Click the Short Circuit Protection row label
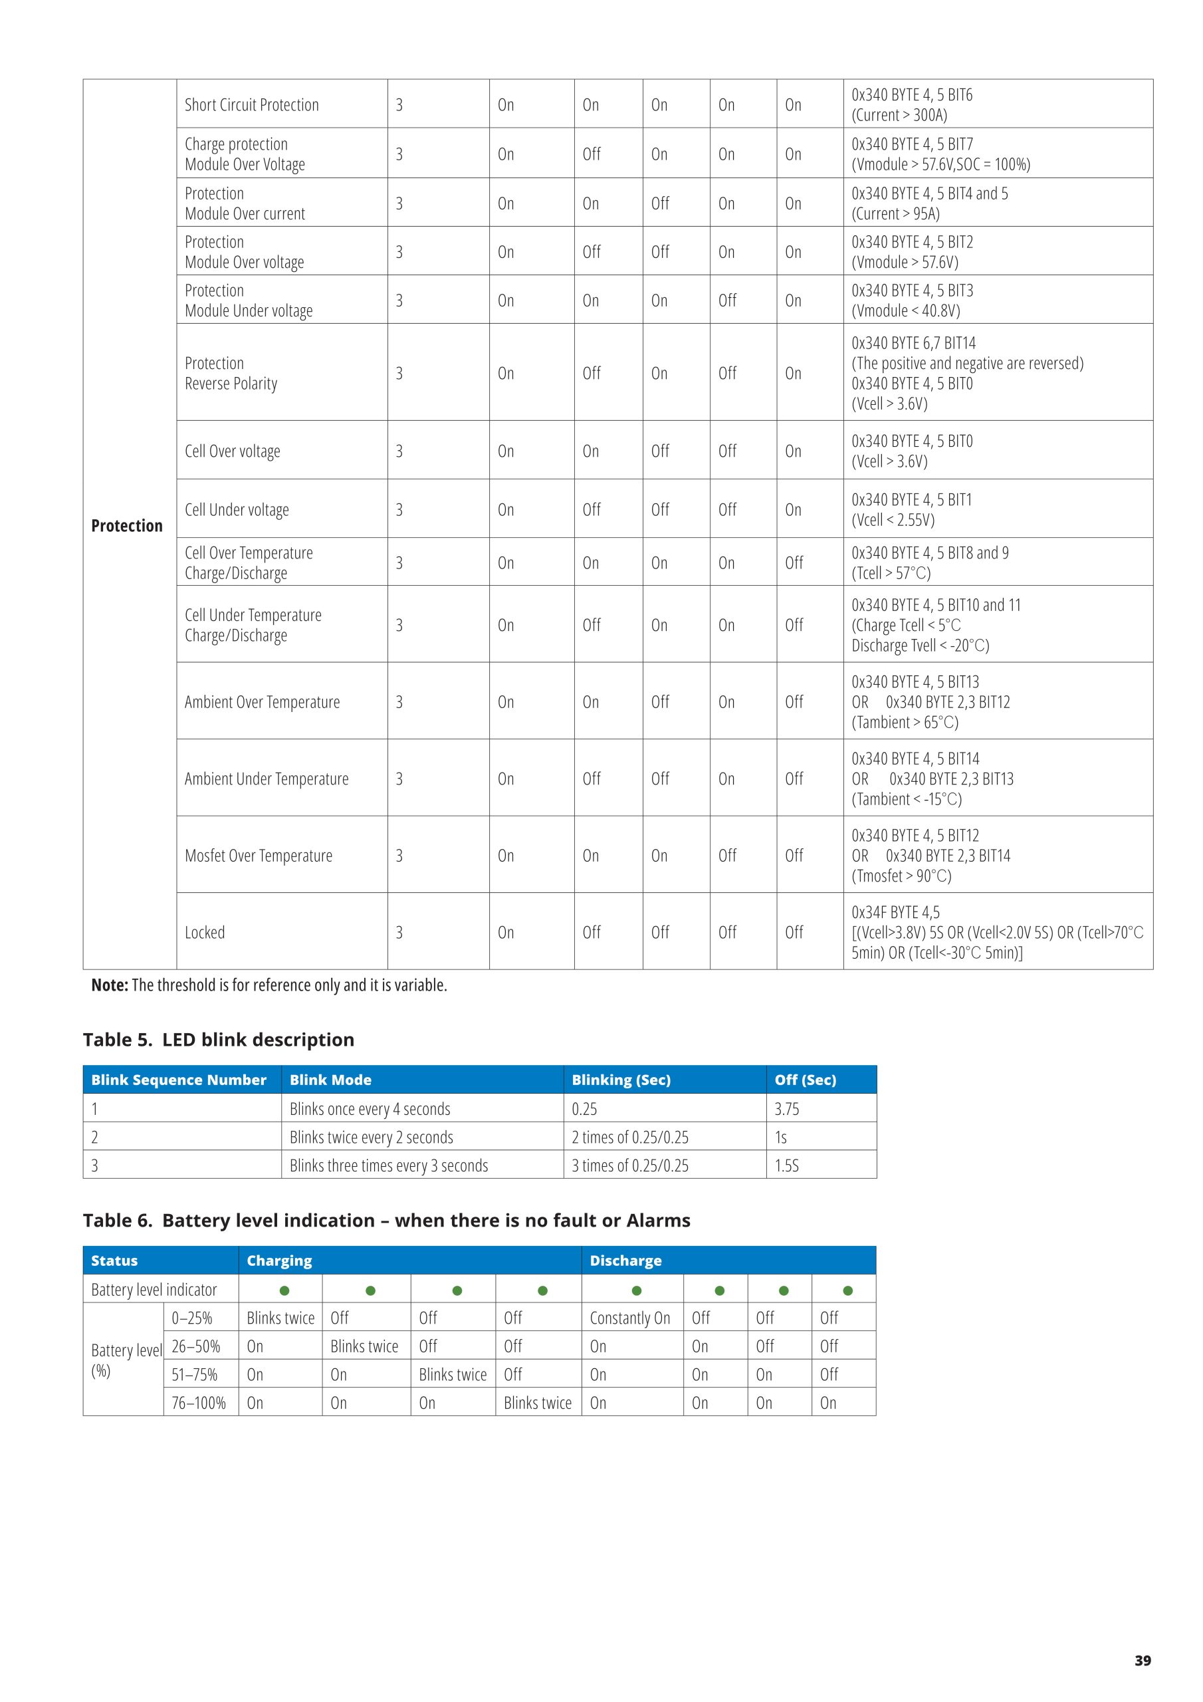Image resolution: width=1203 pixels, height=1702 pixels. pos(251,104)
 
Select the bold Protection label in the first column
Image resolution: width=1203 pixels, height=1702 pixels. pos(127,526)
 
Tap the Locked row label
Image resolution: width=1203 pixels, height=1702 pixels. pos(205,932)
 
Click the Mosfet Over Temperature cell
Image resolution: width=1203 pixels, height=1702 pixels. pos(259,856)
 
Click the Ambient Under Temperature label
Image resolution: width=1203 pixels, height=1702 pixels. pos(266,779)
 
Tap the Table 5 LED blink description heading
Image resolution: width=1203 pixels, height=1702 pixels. pos(219,1039)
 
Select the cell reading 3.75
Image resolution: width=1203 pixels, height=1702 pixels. pos(786,1109)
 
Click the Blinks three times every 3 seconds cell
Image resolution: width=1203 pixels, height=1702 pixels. pos(388,1165)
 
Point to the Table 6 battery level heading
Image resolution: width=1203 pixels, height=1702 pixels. pos(386,1220)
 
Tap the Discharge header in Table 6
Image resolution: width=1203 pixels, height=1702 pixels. pos(625,1260)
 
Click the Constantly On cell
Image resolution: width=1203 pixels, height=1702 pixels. pos(630,1317)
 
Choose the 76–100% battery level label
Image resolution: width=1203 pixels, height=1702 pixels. pos(199,1403)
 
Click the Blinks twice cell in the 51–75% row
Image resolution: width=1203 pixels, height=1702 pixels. pos(452,1374)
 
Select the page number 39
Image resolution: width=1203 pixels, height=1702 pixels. pos(1143,1661)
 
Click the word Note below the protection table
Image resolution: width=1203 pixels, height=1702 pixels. pos(109,985)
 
